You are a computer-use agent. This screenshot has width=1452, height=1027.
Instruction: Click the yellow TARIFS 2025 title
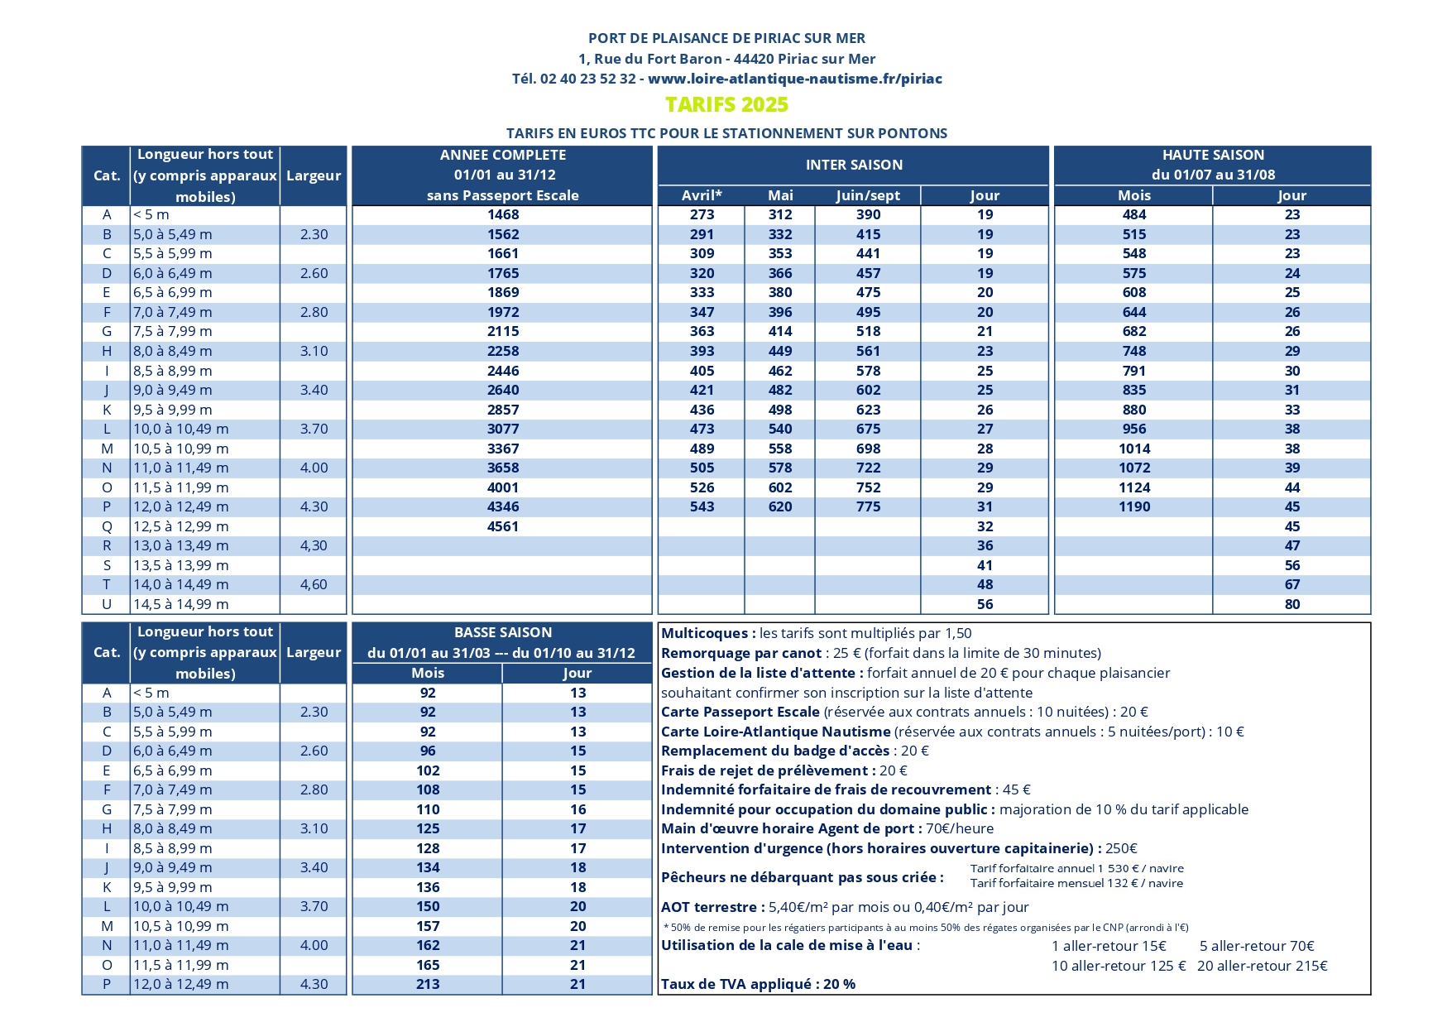(x=726, y=105)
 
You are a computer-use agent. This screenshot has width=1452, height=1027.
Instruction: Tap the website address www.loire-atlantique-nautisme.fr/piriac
(x=794, y=79)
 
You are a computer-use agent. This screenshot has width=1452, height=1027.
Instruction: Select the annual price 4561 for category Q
(x=503, y=526)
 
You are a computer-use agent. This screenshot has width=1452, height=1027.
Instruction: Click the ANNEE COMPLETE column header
(x=503, y=155)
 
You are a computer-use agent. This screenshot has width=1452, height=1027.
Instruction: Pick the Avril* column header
(x=702, y=195)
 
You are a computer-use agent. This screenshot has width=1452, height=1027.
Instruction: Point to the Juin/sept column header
(x=868, y=195)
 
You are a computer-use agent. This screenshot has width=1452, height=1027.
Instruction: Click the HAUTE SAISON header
(x=1213, y=155)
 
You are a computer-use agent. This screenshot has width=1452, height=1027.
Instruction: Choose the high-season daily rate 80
(x=1292, y=604)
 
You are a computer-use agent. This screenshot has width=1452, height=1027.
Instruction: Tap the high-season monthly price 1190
(x=1134, y=506)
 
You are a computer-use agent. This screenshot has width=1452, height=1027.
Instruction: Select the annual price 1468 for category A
(x=503, y=214)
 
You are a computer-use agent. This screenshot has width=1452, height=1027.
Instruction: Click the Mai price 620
(x=780, y=506)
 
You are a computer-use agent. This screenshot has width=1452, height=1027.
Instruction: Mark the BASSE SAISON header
(x=503, y=632)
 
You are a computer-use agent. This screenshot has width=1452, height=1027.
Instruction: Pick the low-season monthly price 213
(x=428, y=984)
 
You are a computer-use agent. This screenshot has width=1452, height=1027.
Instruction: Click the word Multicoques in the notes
(x=706, y=633)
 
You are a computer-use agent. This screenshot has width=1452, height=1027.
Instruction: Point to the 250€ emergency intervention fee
(x=1121, y=848)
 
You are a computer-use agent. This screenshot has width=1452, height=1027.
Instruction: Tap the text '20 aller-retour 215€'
(x=1262, y=966)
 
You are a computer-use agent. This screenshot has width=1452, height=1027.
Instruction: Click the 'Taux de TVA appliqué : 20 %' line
(x=758, y=984)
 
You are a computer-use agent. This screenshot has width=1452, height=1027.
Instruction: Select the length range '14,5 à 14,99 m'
(x=181, y=604)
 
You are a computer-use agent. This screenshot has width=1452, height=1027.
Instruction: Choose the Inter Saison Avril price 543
(x=702, y=506)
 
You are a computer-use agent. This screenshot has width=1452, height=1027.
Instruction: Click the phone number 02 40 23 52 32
(x=588, y=79)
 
